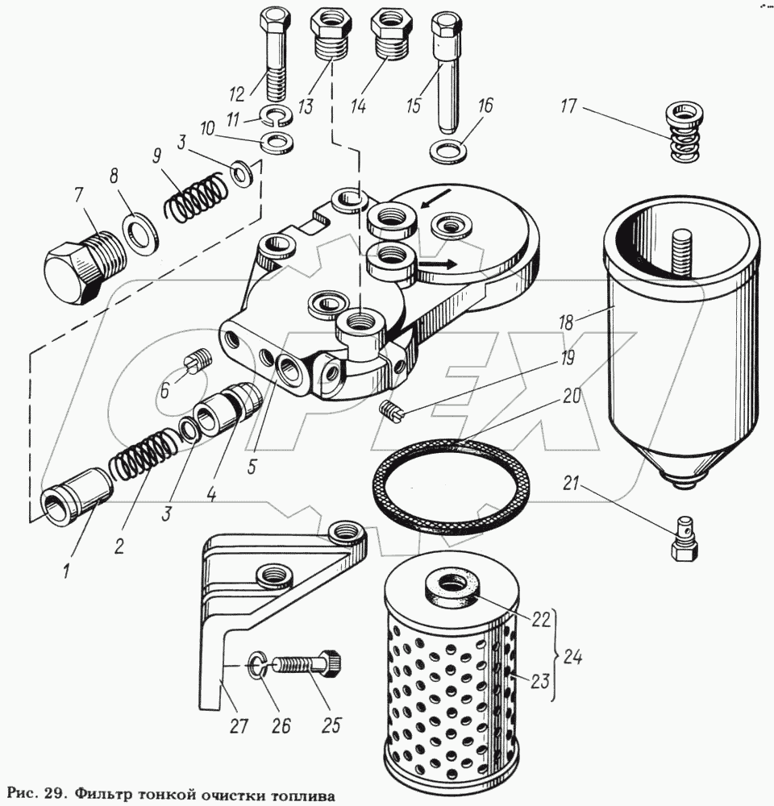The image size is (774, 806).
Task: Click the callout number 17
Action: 568,108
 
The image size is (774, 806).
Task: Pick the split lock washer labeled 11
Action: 277,118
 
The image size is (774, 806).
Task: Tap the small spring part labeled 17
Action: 685,131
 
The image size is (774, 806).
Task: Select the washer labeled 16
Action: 448,152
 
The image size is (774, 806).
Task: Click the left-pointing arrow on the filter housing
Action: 436,198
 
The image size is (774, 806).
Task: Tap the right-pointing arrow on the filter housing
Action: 437,264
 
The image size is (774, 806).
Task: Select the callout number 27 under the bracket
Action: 239,726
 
